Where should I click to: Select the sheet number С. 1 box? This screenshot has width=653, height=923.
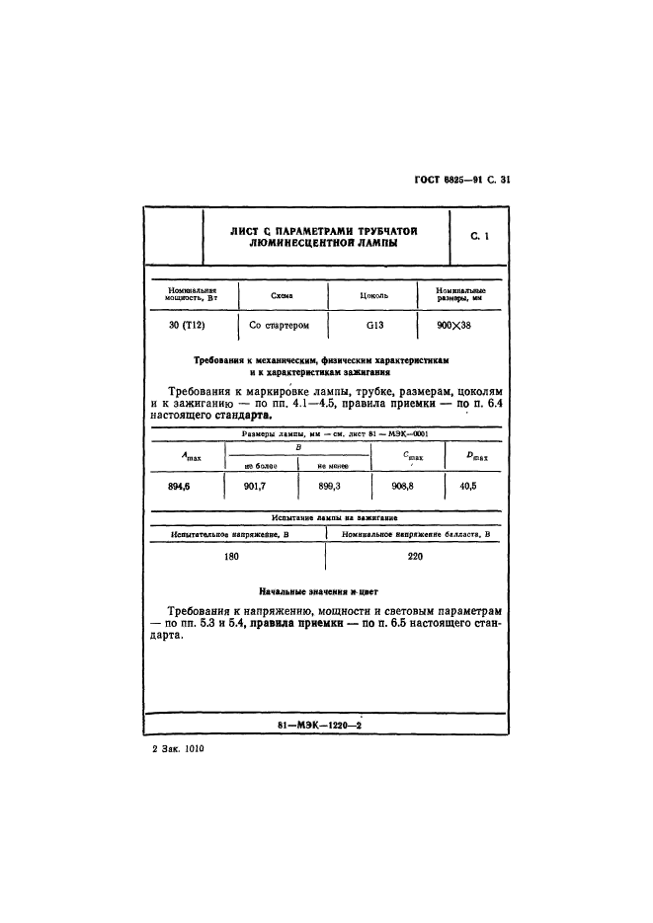click(x=480, y=236)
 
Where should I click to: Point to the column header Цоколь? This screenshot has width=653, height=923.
click(x=375, y=295)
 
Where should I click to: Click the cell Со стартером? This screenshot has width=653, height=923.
click(x=280, y=325)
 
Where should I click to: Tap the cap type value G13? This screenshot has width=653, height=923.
click(x=374, y=325)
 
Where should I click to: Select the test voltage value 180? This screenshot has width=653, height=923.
click(x=232, y=557)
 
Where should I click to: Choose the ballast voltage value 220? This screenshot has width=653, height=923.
click(x=415, y=557)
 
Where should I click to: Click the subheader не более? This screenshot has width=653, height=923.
click(x=261, y=465)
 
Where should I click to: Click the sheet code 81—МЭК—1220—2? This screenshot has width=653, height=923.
click(x=322, y=727)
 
